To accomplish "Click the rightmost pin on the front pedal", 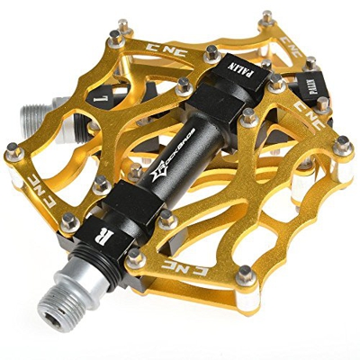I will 342,141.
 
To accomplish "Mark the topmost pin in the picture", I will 266,15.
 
